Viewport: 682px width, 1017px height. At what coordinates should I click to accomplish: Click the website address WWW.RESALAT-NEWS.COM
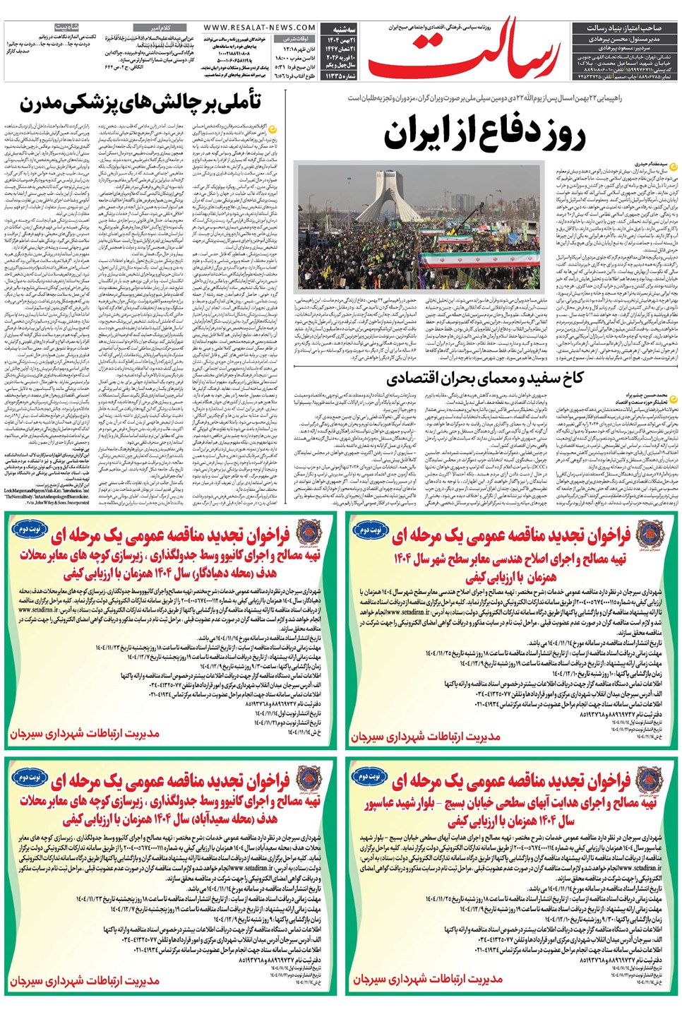(x=260, y=28)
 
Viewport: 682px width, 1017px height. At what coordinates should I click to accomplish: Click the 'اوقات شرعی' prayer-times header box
(x=297, y=39)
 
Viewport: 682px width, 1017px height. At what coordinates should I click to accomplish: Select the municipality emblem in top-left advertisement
(x=309, y=533)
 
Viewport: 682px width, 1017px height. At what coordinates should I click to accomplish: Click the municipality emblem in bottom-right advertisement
(x=648, y=780)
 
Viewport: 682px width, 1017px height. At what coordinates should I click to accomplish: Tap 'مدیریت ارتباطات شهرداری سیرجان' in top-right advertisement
(x=426, y=737)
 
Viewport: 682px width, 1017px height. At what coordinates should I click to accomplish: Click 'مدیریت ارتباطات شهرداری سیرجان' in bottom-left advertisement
(x=85, y=981)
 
